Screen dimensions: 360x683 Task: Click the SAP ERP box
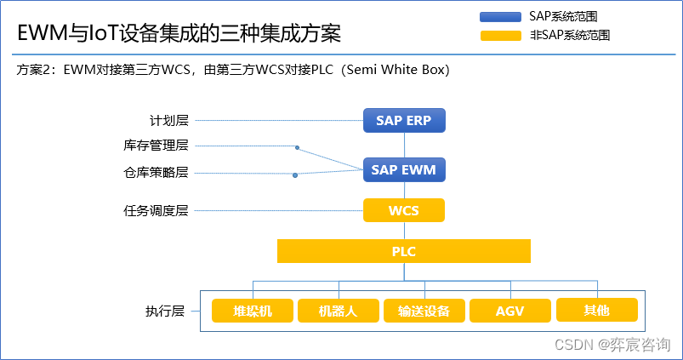404,120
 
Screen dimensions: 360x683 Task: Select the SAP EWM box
404,169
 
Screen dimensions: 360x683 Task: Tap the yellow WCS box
404,210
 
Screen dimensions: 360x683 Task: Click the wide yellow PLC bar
404,251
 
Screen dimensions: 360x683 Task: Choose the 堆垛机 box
253,311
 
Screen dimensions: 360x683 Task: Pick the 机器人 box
338,311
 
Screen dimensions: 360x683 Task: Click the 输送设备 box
424,311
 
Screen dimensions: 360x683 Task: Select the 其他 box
596,310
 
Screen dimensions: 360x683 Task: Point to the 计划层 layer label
168,121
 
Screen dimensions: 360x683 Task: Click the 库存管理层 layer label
156,146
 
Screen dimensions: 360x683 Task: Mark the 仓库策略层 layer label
156,173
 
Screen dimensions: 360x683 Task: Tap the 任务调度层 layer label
156,210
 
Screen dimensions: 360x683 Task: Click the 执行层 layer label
165,311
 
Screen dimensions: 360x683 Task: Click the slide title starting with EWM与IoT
179,34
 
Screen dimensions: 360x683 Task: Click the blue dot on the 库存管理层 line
297,147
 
